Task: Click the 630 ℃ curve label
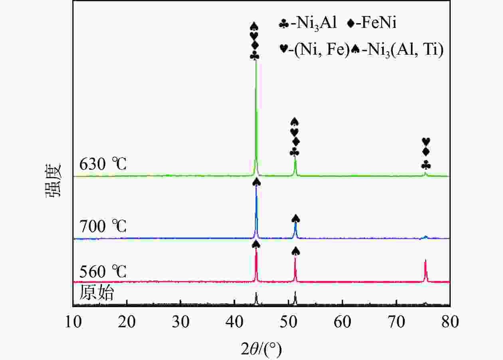point(103,164)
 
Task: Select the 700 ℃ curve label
point(103,227)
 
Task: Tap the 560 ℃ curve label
point(103,272)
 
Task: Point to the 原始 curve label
point(97,293)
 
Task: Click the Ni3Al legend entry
point(307,24)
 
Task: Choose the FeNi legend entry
point(371,24)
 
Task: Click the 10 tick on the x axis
point(73,322)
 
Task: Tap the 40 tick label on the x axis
point(234,322)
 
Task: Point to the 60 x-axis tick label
point(342,322)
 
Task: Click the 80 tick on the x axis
point(450,322)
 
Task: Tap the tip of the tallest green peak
point(255,61)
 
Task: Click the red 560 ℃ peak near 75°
point(426,260)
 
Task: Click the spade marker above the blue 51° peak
point(295,218)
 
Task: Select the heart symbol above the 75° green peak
point(426,142)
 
